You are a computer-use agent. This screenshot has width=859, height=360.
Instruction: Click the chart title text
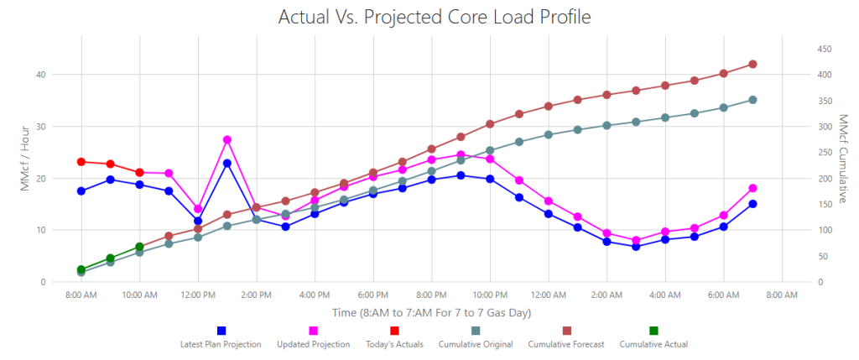[435, 17]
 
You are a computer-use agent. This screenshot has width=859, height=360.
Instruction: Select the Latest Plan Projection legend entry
[221, 337]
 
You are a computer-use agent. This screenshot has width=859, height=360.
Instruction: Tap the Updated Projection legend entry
[314, 337]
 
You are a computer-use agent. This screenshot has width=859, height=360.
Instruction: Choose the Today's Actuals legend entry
[394, 337]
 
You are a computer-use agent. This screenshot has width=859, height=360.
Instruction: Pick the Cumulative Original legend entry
[476, 337]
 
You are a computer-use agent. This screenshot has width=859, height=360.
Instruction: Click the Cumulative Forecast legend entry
[566, 337]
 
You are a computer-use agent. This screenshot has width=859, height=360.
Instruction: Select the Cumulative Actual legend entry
[653, 337]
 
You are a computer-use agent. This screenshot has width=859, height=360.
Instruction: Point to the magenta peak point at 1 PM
[227, 140]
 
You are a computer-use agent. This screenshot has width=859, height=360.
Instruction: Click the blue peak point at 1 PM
[227, 164]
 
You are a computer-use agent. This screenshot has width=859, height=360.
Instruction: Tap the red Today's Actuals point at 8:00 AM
[81, 162]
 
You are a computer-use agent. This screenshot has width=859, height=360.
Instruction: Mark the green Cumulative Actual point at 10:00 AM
[140, 247]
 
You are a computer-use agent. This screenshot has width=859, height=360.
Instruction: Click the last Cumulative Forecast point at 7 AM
[752, 64]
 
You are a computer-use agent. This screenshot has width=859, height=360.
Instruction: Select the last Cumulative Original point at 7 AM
[752, 100]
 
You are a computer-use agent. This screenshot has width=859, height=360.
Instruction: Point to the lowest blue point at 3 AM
[636, 247]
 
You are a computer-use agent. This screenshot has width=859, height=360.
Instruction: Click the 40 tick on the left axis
[42, 75]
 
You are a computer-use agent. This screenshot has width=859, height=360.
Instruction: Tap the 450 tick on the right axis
[825, 50]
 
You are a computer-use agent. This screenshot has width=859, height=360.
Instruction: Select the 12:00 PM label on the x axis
[198, 295]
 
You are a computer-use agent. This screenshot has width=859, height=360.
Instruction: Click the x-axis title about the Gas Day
[432, 313]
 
